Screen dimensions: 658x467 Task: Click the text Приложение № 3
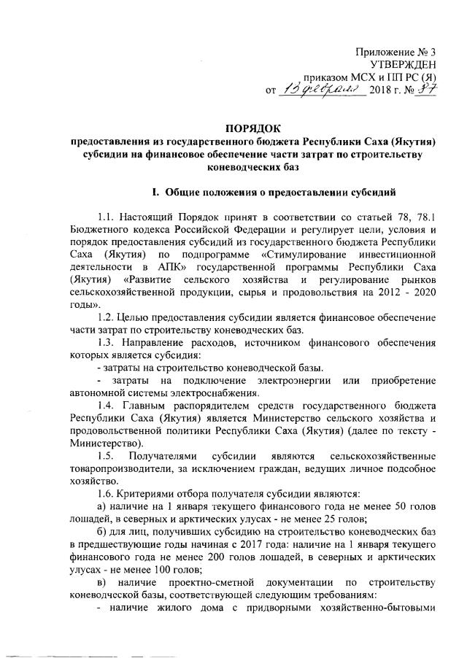point(395,52)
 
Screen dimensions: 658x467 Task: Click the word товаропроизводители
point(124,470)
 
